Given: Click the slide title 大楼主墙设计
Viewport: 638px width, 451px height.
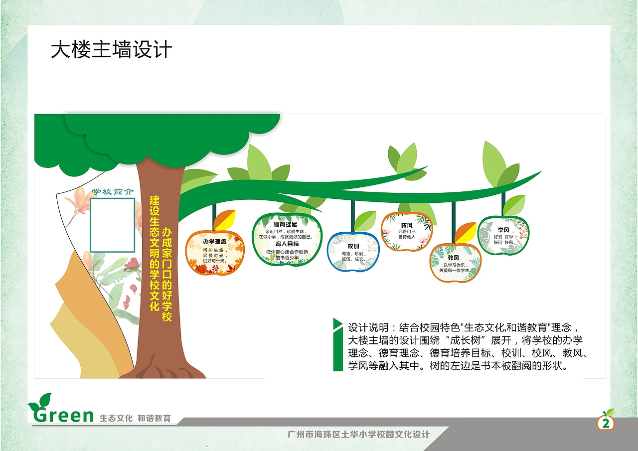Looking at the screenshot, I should pyautogui.click(x=111, y=50).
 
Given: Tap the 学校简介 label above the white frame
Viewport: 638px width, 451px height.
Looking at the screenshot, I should pyautogui.click(x=113, y=192).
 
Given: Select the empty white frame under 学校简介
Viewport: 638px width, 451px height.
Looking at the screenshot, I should pyautogui.click(x=113, y=225).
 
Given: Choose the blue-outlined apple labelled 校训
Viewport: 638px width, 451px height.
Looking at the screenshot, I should pyautogui.click(x=353, y=253).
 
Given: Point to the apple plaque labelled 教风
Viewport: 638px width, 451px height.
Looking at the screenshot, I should pyautogui.click(x=455, y=263).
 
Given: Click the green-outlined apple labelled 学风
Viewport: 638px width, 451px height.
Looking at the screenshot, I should pyautogui.click(x=503, y=235).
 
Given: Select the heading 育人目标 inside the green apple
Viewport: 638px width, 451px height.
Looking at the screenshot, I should pyautogui.click(x=287, y=244).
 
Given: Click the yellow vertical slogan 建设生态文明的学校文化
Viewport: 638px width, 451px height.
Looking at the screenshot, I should pyautogui.click(x=155, y=253).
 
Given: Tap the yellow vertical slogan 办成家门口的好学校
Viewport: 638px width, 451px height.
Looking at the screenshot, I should pyautogui.click(x=167, y=274).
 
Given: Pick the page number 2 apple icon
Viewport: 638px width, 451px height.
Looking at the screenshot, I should pyautogui.click(x=606, y=423).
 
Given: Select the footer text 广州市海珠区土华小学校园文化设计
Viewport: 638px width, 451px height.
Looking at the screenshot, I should pyautogui.click(x=359, y=435).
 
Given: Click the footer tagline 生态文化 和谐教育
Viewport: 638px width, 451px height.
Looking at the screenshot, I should pyautogui.click(x=136, y=418).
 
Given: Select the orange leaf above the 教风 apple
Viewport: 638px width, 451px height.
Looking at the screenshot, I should pyautogui.click(x=465, y=232).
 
